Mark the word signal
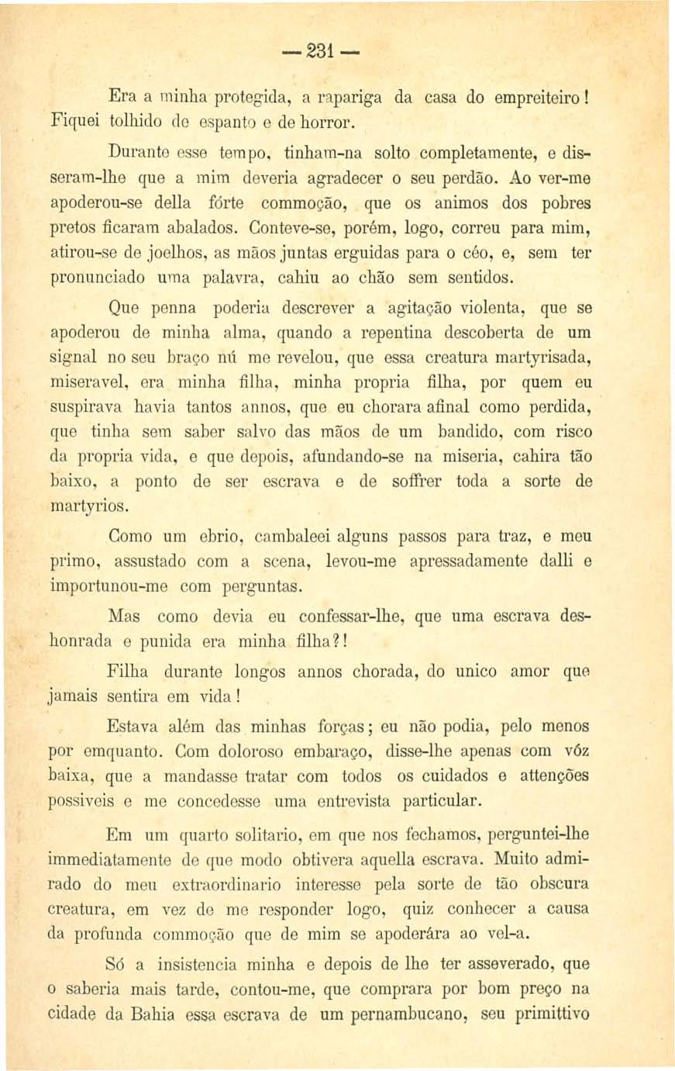pyautogui.click(x=73, y=358)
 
